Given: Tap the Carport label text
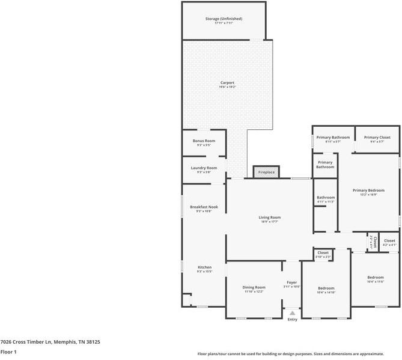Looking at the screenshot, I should coord(227,82).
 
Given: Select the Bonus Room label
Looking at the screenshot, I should coord(204,141).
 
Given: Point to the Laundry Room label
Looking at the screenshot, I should coord(204,168).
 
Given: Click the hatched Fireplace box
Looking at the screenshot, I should coord(266,172).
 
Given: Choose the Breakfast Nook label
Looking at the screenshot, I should coord(204,207).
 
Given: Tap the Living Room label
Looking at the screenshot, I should coord(270,218).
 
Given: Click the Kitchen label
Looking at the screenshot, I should coord(204,267).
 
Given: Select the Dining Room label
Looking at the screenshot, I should coord(254,287).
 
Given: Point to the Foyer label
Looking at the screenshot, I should coord(291,282).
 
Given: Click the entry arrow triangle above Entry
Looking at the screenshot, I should coord(292,313).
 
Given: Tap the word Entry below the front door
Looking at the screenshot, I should coord(292,319).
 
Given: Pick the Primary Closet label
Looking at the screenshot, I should coord(377,137).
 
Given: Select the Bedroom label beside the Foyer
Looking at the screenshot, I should coord(326,288).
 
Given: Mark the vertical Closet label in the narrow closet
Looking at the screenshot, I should coord(371,240).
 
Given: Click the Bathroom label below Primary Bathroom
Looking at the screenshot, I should coord(326,197).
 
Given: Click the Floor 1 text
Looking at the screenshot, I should coord(8,352).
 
